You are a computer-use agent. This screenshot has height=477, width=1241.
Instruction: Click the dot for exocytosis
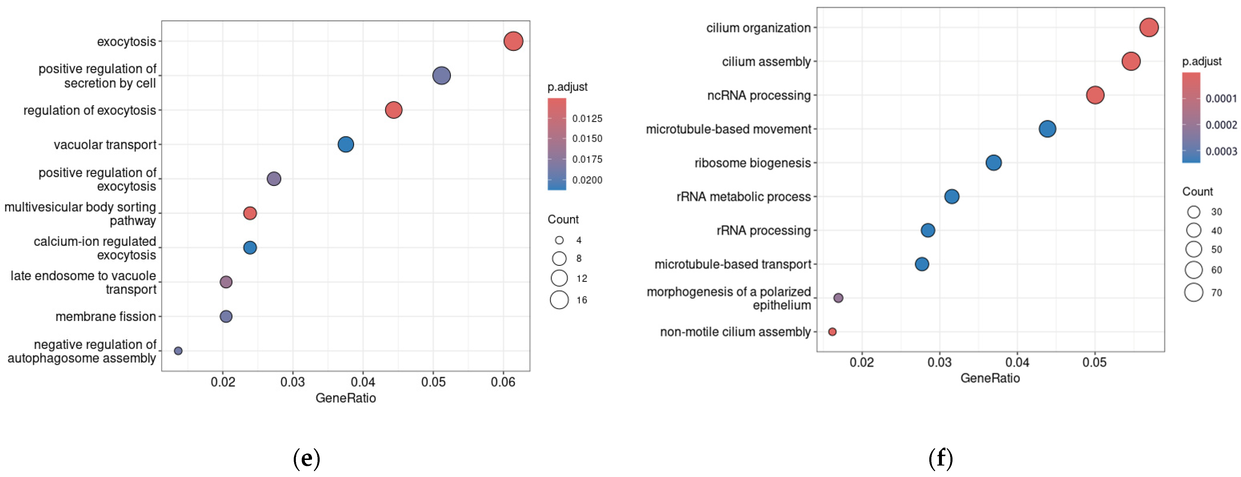click(x=513, y=41)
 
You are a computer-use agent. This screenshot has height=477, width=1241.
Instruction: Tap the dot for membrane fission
click(x=226, y=316)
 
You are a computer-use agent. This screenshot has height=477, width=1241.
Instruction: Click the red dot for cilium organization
click(x=1148, y=27)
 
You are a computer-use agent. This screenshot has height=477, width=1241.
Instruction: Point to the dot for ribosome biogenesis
click(x=993, y=163)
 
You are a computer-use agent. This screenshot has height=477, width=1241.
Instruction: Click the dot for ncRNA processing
click(x=1095, y=95)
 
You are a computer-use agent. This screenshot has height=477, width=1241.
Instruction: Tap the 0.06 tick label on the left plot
click(x=503, y=382)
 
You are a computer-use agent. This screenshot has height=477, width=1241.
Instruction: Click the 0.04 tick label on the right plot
click(x=1017, y=362)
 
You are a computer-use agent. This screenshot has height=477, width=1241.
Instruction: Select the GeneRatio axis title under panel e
click(x=346, y=398)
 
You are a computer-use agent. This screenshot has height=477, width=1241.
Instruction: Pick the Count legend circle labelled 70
click(x=1193, y=292)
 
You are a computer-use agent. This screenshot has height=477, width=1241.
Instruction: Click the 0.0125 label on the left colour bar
click(x=587, y=118)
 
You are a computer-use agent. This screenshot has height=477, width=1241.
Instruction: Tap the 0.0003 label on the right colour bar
click(x=1221, y=151)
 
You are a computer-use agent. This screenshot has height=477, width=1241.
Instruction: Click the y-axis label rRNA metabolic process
click(x=743, y=196)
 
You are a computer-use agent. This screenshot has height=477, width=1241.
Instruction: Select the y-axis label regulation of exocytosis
click(x=90, y=110)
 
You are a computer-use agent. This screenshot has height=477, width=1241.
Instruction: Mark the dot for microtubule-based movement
click(x=1047, y=129)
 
